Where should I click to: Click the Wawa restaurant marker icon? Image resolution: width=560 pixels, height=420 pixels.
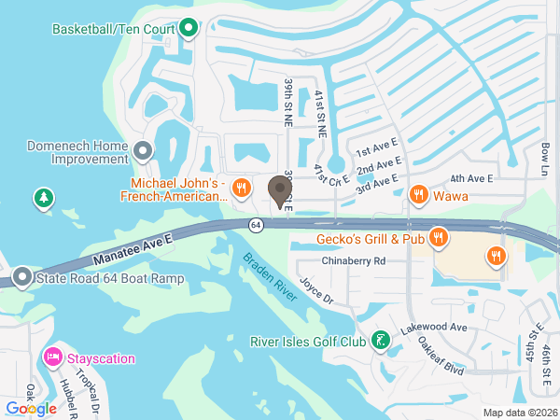[419, 196]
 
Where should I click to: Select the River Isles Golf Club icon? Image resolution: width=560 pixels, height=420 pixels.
[380, 341]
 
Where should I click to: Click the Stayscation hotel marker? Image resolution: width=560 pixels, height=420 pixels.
[53, 358]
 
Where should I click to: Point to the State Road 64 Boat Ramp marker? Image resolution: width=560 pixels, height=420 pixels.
[22, 277]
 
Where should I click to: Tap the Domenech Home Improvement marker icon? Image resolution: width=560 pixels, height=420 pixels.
[143, 149]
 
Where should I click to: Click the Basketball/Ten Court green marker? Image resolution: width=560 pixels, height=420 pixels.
[189, 28]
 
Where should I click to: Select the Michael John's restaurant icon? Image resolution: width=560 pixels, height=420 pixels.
[241, 187]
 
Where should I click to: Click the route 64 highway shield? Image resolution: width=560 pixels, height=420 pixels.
[255, 225]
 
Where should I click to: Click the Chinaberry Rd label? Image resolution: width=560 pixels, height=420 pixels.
[352, 261]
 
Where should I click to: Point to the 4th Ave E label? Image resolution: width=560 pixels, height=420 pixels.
[470, 178]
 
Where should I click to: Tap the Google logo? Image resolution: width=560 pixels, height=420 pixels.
[31, 408]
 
